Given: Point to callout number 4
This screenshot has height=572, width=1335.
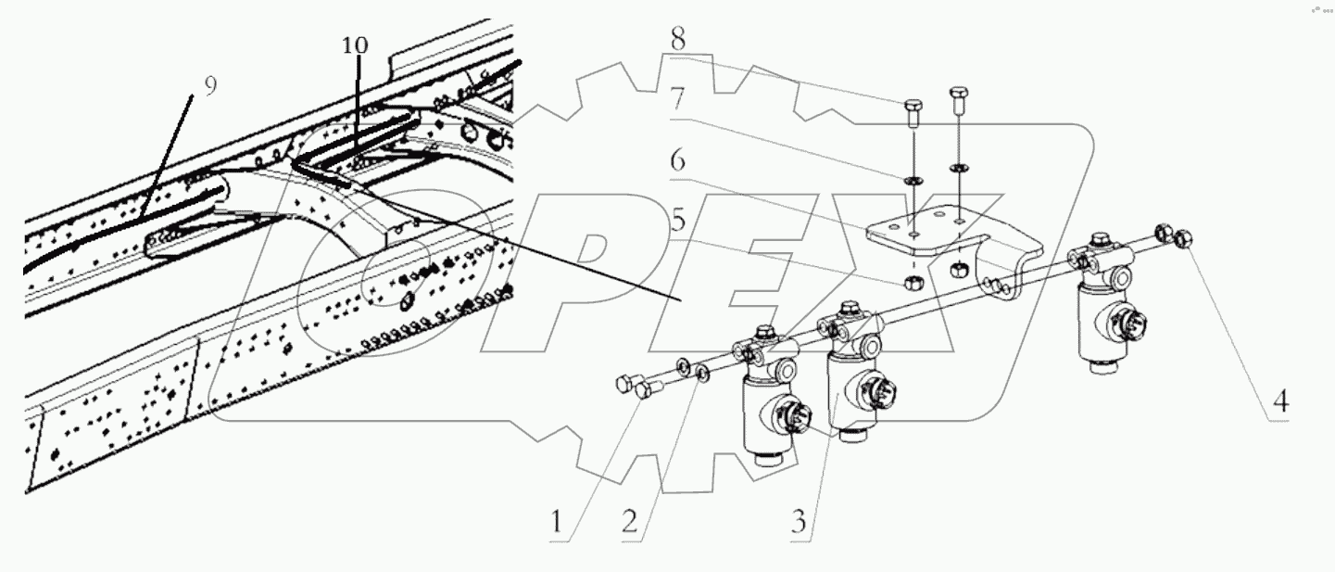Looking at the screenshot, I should click(1279, 401).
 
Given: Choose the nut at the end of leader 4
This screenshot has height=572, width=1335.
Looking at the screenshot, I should click(1182, 239).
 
